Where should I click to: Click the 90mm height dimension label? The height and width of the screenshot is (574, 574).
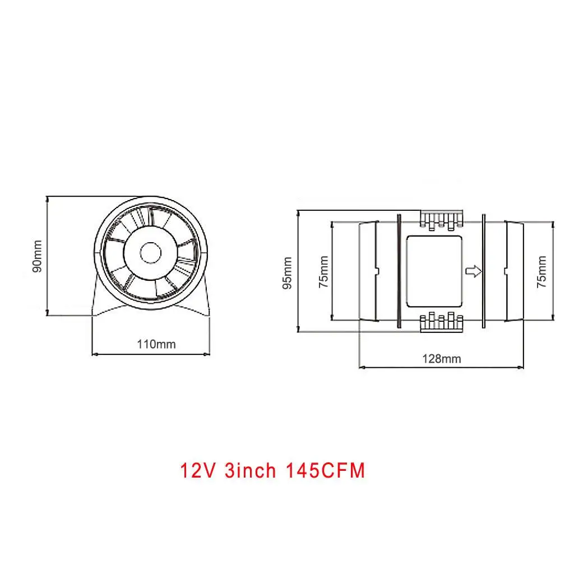point(38,256)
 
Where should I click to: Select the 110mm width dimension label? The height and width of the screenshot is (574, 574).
point(156,344)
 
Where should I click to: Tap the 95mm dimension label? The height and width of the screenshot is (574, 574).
point(288,272)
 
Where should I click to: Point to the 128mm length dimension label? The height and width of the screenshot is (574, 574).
point(442,358)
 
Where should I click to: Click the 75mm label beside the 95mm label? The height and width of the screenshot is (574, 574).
point(323,272)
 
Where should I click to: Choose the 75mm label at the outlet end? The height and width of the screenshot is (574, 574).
point(541,272)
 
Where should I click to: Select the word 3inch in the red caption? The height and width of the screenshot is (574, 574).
point(250,470)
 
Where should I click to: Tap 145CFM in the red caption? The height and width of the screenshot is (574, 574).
point(326,470)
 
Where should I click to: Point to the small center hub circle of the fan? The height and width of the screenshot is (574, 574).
point(150,253)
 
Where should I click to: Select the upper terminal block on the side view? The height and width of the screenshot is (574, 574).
point(442,220)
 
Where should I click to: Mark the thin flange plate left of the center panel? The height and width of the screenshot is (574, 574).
point(398,272)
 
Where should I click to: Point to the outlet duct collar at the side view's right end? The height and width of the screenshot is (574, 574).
point(515,272)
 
